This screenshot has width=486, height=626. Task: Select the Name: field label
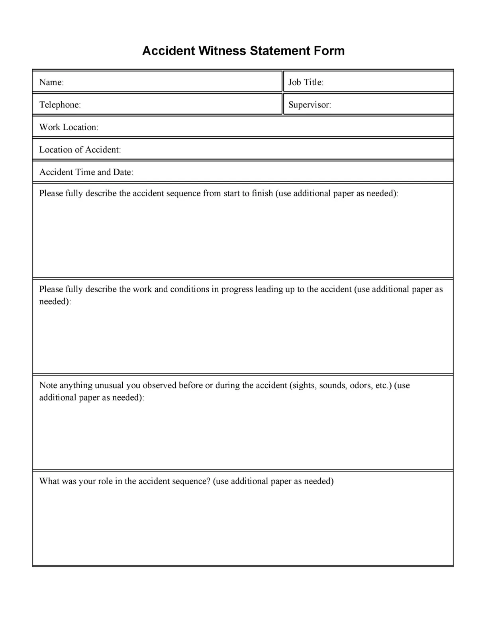(x=51, y=82)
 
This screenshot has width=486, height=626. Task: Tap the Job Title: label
(x=306, y=82)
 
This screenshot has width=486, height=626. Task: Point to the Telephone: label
(x=60, y=105)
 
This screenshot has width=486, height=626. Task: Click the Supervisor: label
(x=310, y=105)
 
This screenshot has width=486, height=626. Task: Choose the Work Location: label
(x=69, y=127)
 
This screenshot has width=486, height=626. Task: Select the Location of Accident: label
(x=80, y=150)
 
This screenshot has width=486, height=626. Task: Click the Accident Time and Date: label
(x=86, y=172)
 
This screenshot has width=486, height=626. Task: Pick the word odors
(x=361, y=385)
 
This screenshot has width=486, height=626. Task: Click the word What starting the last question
(x=49, y=481)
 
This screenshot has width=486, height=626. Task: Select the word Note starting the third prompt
(x=48, y=385)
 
